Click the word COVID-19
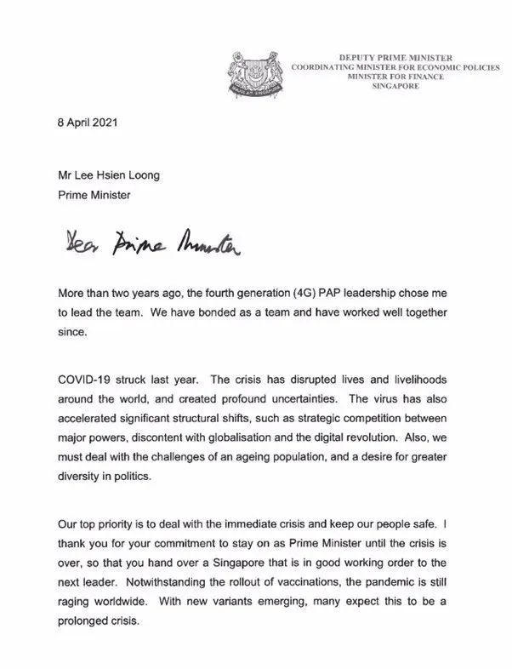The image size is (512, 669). click(80, 378)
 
